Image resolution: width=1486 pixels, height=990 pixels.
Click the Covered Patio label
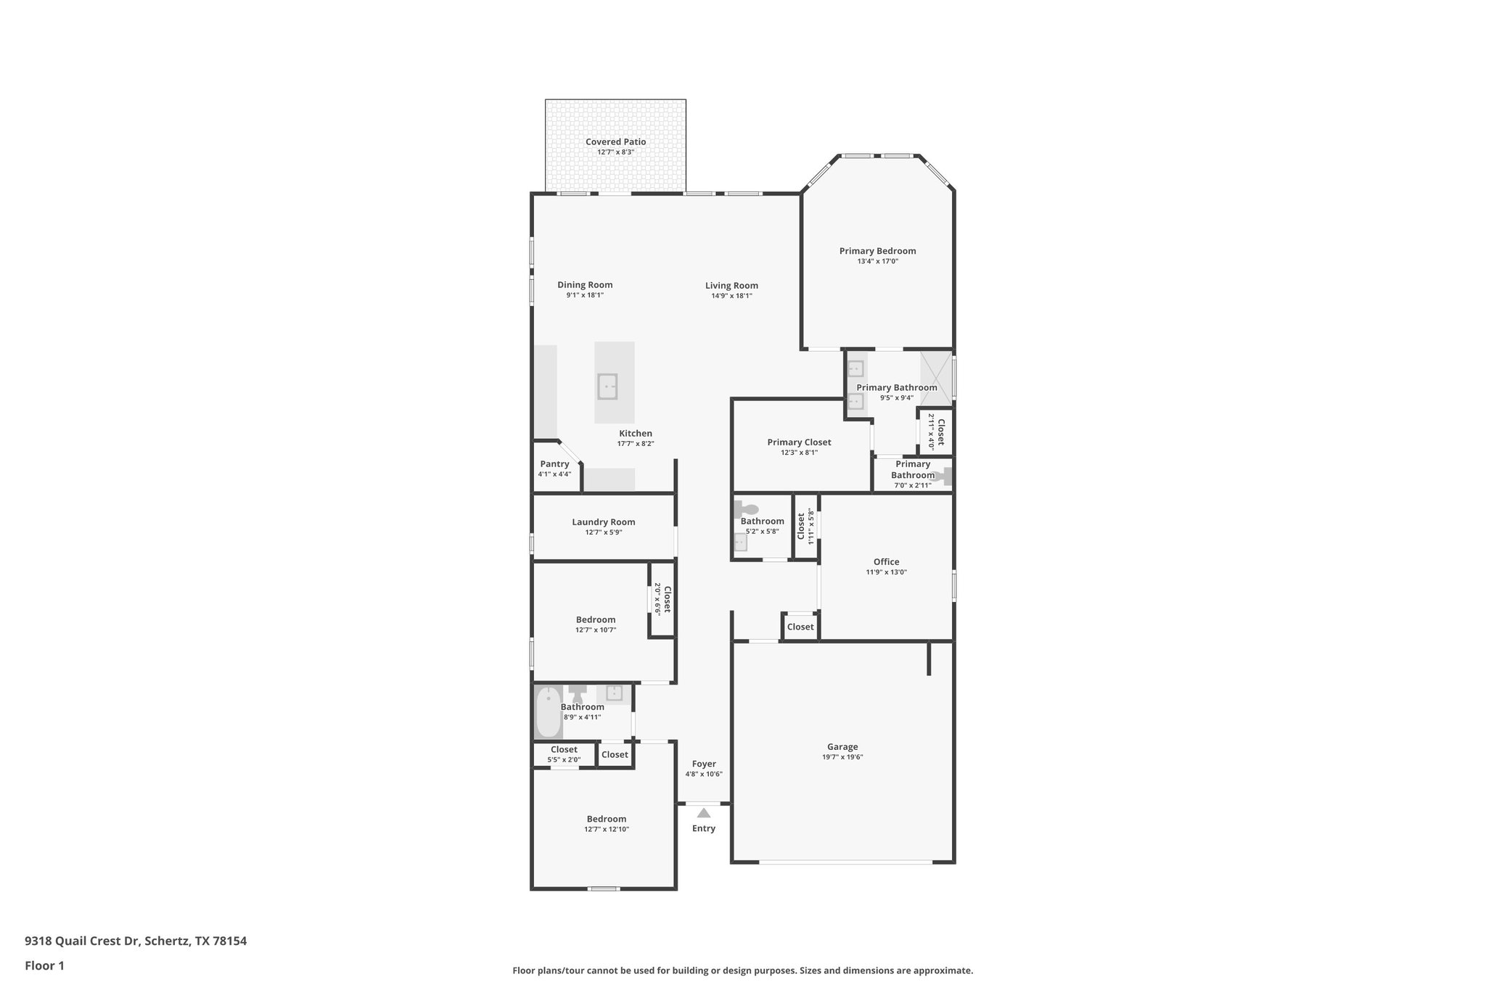tap(615, 142)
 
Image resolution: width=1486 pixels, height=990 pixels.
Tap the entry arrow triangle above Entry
tap(703, 813)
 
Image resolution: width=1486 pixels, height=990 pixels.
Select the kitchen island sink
tap(607, 387)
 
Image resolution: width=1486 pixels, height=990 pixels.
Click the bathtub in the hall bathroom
tap(548, 712)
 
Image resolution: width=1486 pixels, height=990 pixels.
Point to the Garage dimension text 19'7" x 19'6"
tap(842, 757)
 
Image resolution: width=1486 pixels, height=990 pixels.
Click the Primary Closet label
tap(799, 442)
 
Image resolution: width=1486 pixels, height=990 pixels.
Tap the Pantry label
tap(554, 464)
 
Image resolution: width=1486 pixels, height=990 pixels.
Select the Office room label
tap(886, 562)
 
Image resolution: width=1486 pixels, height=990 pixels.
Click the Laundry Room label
tap(603, 522)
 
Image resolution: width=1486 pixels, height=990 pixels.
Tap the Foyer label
tap(703, 764)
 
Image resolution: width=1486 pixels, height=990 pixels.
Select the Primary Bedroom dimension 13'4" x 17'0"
tap(877, 261)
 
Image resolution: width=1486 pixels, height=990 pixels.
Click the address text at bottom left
tap(136, 941)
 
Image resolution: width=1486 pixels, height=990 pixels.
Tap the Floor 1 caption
tap(45, 965)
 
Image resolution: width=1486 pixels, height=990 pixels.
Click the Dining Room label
tap(585, 285)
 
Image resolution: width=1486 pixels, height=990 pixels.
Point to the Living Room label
tap(731, 286)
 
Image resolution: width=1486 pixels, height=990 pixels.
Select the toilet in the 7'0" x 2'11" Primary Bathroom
tap(943, 477)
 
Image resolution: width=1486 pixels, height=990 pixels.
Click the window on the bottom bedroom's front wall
tap(603, 888)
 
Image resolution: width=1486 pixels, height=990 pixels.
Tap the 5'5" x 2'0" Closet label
tap(564, 750)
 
